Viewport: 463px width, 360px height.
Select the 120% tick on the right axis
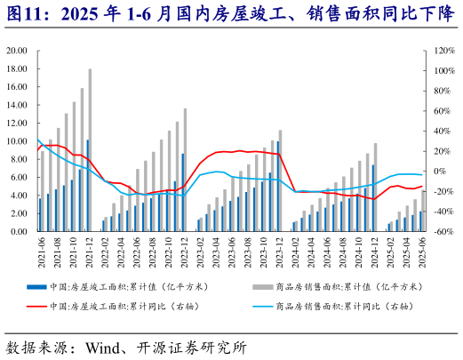[x=444, y=51]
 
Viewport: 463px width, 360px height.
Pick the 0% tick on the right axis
[x=442, y=172]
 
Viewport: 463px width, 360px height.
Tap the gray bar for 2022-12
[x=185, y=170]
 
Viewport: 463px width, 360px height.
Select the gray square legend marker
[x=260, y=287]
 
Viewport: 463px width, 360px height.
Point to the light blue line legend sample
[x=261, y=307]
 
